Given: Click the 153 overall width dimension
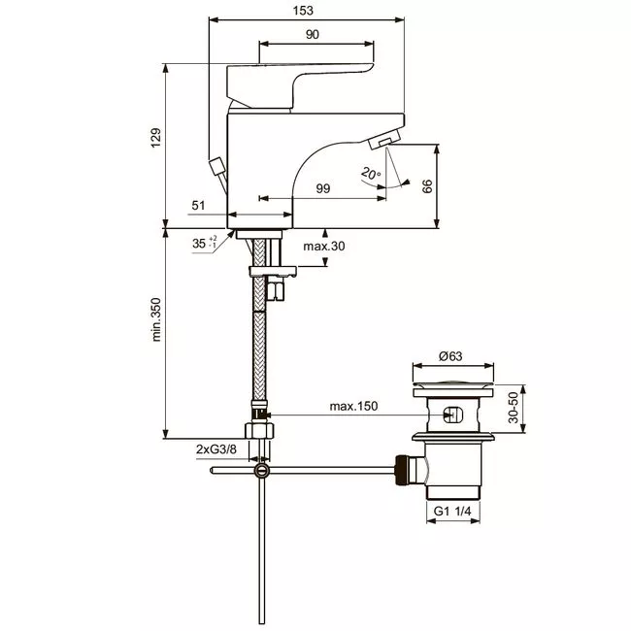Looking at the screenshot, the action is tap(303, 11).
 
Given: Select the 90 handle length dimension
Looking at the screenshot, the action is tap(313, 35).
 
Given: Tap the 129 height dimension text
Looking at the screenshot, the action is tap(155, 138).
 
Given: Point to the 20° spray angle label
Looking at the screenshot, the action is tap(371, 174).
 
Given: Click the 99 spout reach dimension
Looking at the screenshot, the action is tap(322, 188).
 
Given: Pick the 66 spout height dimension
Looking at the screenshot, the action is tap(427, 186).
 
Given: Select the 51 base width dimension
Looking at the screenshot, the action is tap(198, 206).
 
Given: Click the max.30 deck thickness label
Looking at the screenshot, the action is tap(324, 246).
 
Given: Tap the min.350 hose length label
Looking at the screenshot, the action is tap(155, 319).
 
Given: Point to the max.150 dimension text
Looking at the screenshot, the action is tap(353, 406).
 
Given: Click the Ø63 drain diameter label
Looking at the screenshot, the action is tap(450, 356).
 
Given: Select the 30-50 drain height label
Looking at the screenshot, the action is tap(514, 408).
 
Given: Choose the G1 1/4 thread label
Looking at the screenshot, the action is tap(452, 511).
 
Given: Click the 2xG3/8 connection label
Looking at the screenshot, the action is tap(216, 449).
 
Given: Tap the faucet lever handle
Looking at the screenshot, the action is tap(300, 85).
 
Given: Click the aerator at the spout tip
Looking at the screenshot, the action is tap(384, 140).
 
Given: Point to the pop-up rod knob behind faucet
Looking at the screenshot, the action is tap(216, 166).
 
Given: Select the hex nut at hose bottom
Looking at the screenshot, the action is tap(259, 430).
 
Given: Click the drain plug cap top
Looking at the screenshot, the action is tap(452, 382).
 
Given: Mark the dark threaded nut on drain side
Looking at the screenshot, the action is tap(401, 470).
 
